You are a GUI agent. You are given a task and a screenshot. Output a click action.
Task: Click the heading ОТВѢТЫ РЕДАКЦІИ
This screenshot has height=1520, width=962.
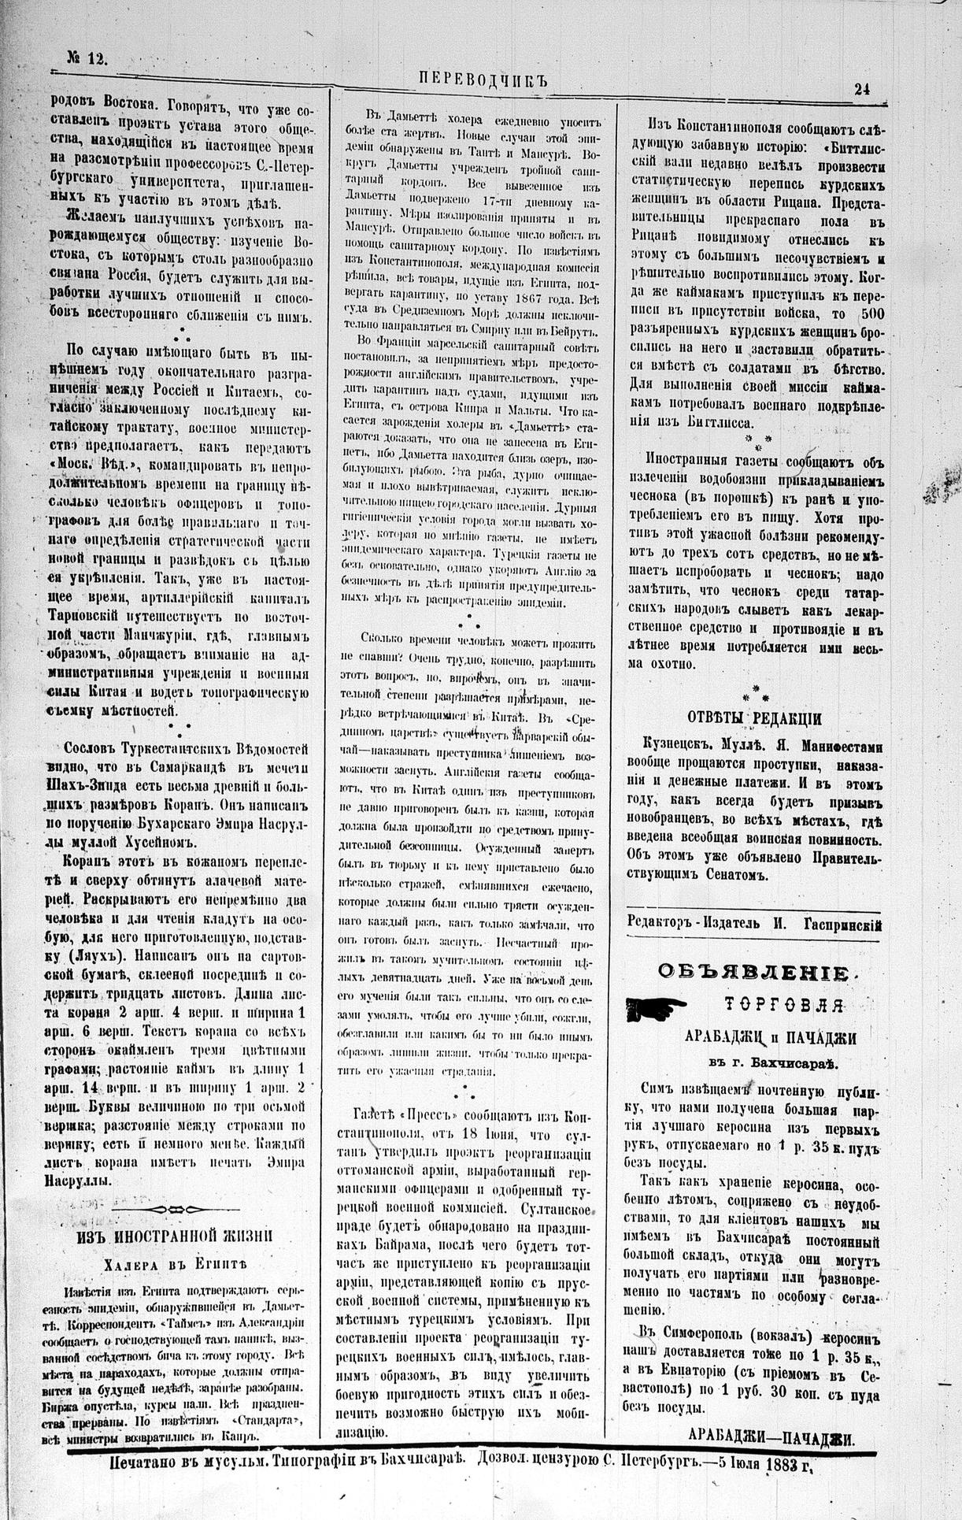point(755,718)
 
